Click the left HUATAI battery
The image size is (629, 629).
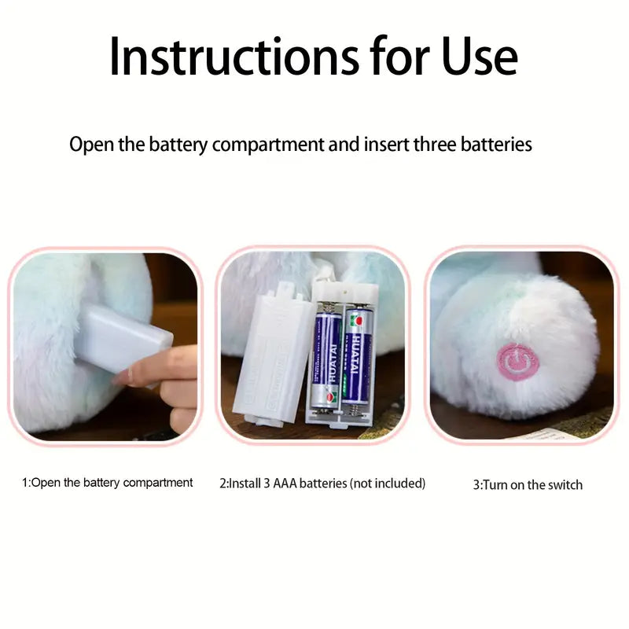(326, 359)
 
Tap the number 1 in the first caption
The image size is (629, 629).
(24, 483)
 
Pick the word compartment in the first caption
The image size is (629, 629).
(157, 483)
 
